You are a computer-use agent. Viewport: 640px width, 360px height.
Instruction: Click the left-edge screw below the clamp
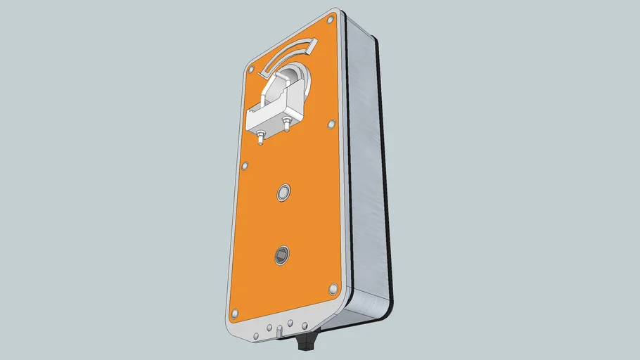point(245,166)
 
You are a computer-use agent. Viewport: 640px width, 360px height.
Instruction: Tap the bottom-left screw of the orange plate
point(235,312)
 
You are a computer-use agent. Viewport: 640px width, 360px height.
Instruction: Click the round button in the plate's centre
point(284,191)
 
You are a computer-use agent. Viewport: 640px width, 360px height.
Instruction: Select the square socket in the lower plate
point(282,255)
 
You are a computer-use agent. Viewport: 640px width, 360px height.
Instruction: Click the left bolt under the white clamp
point(261,137)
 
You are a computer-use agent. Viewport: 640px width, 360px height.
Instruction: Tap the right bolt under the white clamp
point(287,125)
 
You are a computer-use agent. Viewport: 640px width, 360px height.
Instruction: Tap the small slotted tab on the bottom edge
point(280,329)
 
